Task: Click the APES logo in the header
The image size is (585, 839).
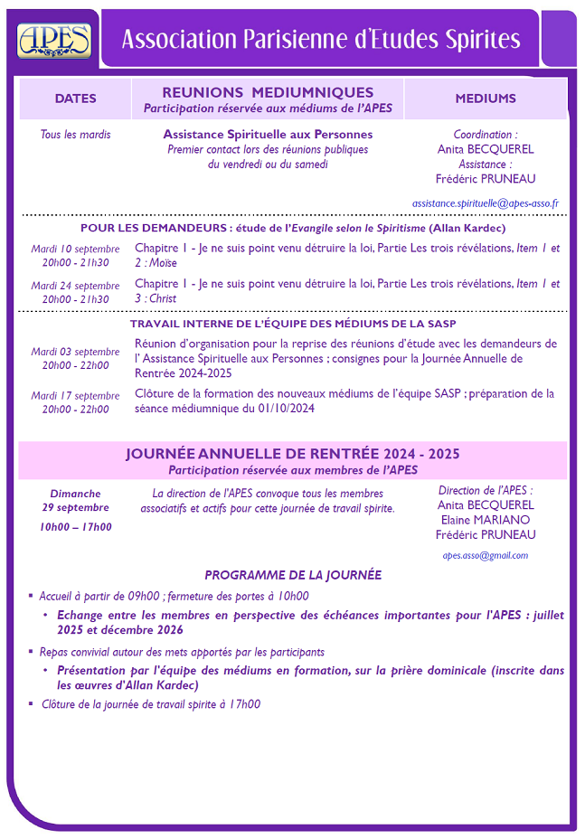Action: coord(54,40)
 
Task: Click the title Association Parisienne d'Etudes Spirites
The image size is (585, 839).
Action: coord(321,40)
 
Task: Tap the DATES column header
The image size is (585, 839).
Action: coord(75,99)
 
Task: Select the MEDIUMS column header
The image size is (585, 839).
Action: coord(486,99)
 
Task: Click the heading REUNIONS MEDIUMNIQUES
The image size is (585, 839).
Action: coord(268,92)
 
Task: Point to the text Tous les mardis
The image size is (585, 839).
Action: coord(76,135)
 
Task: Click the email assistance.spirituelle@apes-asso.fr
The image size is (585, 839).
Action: coord(486,203)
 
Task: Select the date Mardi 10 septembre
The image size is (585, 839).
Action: coord(75,249)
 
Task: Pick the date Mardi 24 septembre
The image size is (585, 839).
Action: coord(75,286)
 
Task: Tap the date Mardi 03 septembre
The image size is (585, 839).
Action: coord(75,352)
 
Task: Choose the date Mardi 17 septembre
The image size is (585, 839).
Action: coord(75,395)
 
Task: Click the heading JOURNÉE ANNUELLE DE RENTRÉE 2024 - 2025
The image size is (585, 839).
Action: coord(293,454)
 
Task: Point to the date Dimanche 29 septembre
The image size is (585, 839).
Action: coord(76,501)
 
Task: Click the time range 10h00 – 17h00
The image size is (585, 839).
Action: coord(76,526)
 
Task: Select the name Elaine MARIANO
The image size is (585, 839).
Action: coord(486,520)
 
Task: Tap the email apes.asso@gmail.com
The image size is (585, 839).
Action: coord(486,555)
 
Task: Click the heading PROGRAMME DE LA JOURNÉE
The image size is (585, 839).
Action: coord(293,575)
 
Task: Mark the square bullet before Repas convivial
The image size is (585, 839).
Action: coord(31,652)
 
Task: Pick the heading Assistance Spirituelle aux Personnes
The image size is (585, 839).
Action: coord(268,134)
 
